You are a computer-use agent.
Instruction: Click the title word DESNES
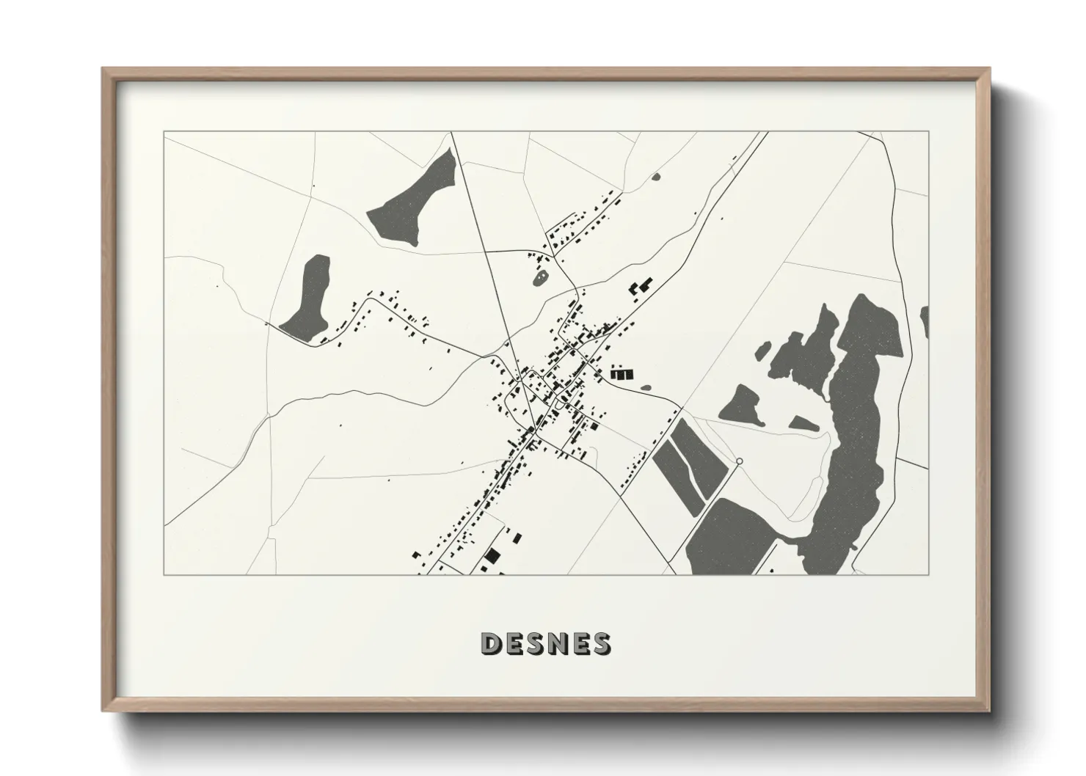[544, 643]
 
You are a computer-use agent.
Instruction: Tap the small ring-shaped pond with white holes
[542, 278]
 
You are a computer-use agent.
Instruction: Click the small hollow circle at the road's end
[739, 461]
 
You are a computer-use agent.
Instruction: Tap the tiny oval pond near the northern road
[656, 176]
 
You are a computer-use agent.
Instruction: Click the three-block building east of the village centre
[620, 373]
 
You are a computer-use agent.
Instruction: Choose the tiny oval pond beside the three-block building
[646, 387]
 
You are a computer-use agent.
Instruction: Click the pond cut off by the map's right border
[925, 323]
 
